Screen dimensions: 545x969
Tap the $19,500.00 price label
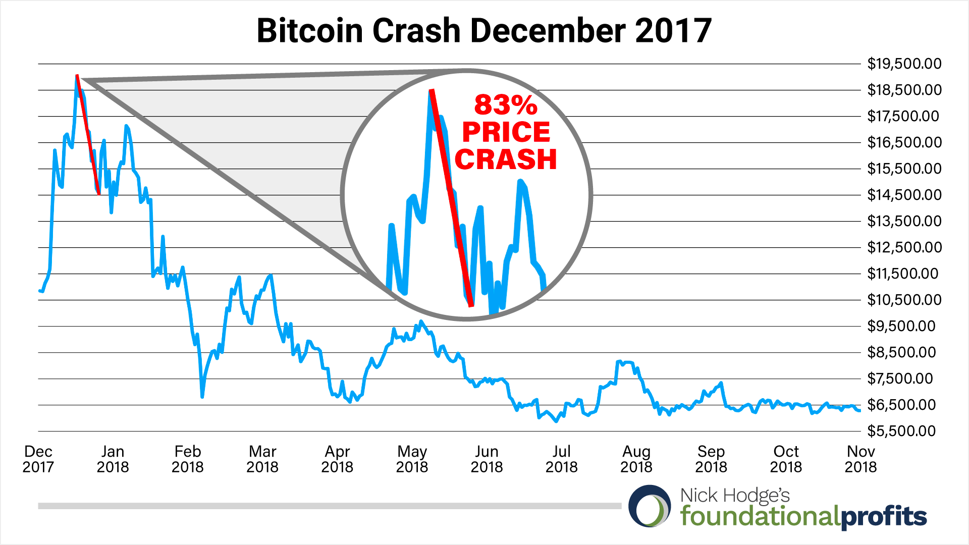point(904,64)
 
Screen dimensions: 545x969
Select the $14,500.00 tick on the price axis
point(904,195)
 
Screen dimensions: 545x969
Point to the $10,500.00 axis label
point(904,300)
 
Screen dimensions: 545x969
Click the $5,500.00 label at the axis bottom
point(901,431)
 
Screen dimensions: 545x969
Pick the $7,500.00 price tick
point(901,378)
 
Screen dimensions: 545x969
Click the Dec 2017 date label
point(38,459)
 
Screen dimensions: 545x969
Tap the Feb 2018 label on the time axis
point(188,459)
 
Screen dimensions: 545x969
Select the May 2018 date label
point(412,459)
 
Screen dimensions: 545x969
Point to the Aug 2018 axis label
point(636,459)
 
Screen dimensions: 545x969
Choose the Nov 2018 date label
point(860,459)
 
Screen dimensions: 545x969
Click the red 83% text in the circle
point(506,105)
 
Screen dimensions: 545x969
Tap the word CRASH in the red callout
point(506,159)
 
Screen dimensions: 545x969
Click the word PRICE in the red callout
point(506,132)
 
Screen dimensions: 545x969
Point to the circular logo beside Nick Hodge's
point(650,506)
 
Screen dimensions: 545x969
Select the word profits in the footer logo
point(884,517)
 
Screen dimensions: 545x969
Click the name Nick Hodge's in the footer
point(734,496)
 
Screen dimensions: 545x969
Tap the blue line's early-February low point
point(202,396)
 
